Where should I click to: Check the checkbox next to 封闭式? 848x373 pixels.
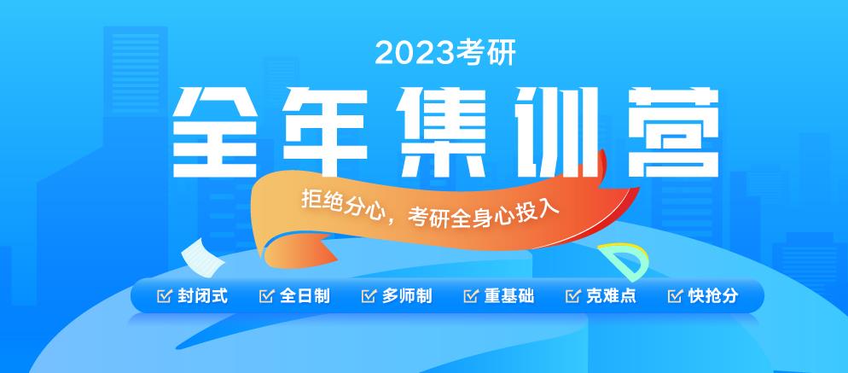(163, 296)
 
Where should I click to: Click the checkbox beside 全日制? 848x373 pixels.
(265, 296)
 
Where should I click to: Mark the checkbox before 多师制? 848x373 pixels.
(369, 296)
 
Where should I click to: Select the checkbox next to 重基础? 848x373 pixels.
(470, 296)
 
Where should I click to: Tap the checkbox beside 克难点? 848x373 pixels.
(572, 296)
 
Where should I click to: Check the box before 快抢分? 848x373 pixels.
(675, 296)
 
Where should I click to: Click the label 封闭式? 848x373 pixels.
(203, 296)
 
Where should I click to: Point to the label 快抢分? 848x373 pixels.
(713, 296)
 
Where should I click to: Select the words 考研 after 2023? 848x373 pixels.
(483, 54)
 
